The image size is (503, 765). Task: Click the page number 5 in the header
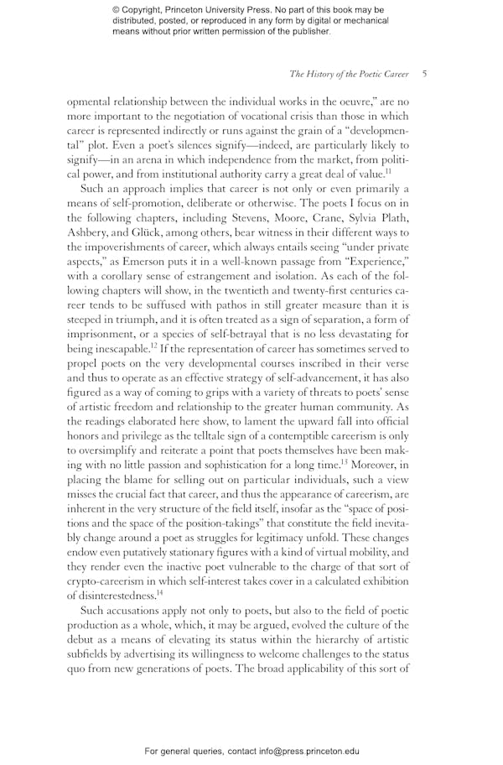[x=425, y=75]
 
